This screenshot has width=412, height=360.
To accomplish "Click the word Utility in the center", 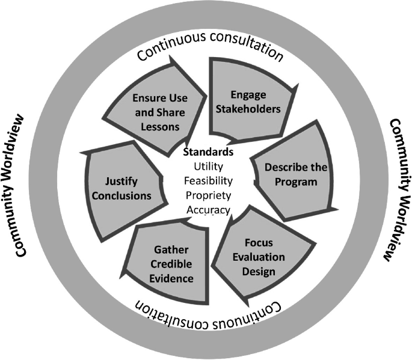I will point(208,166).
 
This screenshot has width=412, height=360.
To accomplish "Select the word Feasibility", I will point(208,180).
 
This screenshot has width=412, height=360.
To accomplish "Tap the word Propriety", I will point(208,195).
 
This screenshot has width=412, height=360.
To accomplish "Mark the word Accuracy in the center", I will point(208,209).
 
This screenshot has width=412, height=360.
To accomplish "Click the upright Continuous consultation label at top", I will point(209,47).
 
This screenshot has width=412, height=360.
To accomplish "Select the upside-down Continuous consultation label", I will point(208,313).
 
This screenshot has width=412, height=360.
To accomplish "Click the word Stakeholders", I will point(248,109).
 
